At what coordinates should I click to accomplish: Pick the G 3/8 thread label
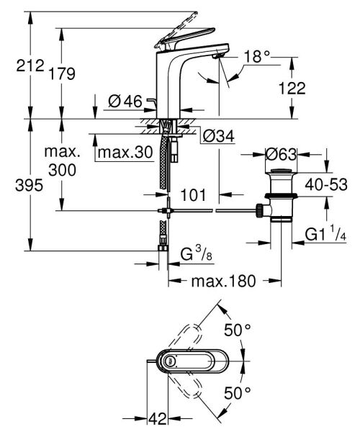coord(194,254)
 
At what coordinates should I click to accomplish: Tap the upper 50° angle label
coord(238,330)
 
